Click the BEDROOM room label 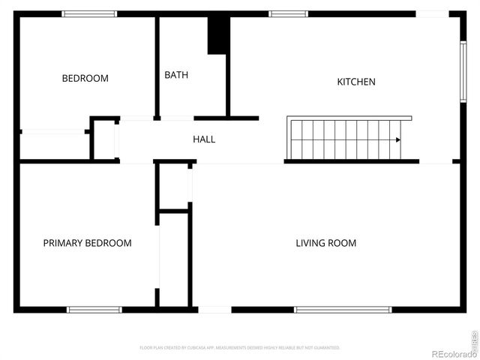pyautogui.click(x=85, y=78)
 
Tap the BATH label pyautogui.click(x=176, y=75)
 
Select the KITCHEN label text pyautogui.click(x=355, y=82)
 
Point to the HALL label pyautogui.click(x=204, y=139)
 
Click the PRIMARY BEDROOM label pyautogui.click(x=87, y=243)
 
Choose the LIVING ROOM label pyautogui.click(x=325, y=243)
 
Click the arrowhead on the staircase pyautogui.click(x=398, y=139)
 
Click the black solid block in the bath pyautogui.click(x=218, y=35)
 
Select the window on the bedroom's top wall pyautogui.click(x=89, y=13)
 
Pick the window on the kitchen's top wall pyautogui.click(x=289, y=13)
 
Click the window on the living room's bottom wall pyautogui.click(x=343, y=309)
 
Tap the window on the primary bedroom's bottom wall pyautogui.click(x=94, y=309)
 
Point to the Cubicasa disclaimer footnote pyautogui.click(x=240, y=348)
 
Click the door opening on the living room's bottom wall pyautogui.click(x=214, y=309)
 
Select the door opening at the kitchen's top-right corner pyautogui.click(x=433, y=13)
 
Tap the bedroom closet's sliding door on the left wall pyautogui.click(x=52, y=132)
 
